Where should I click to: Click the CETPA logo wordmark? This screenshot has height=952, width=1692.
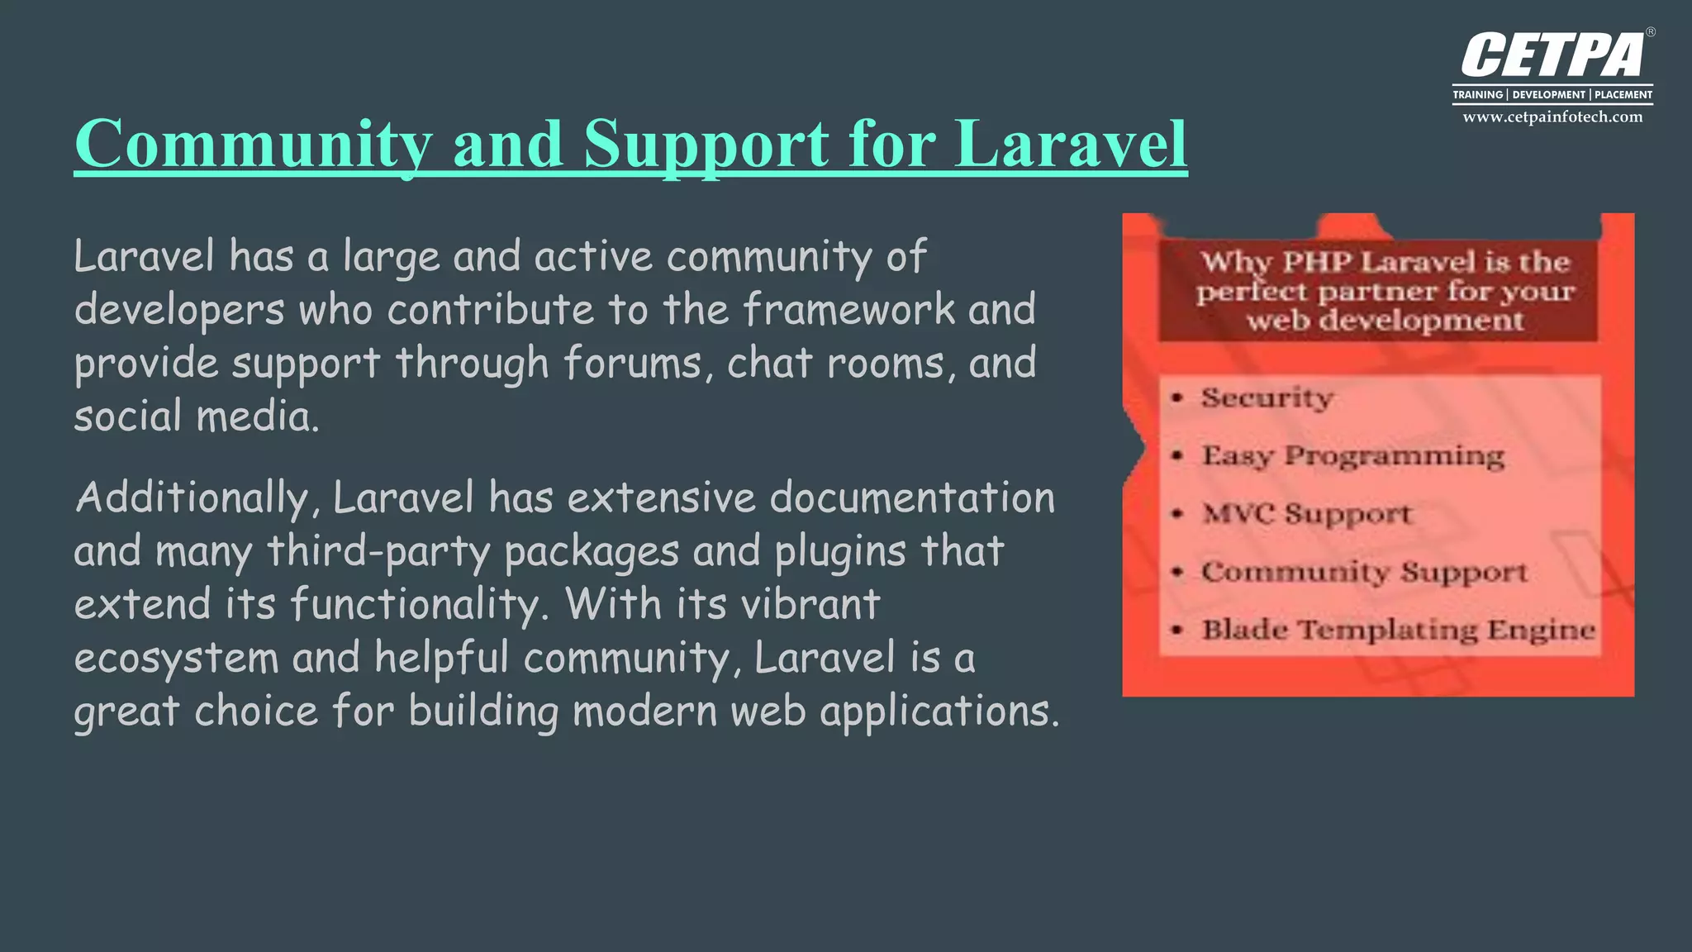(x=1553, y=56)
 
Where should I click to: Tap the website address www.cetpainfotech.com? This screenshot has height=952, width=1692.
(x=1552, y=117)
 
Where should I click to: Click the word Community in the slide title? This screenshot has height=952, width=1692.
(x=253, y=144)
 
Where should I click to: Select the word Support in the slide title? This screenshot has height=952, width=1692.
(x=706, y=144)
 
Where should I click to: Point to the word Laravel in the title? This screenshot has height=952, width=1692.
(x=1071, y=144)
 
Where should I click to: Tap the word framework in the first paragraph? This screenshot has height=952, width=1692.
(x=848, y=310)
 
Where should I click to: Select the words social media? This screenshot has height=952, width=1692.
(x=196, y=416)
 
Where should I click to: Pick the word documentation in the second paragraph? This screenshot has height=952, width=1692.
(x=912, y=498)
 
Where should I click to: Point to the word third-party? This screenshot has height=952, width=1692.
(x=378, y=552)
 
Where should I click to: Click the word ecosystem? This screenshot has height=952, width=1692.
(x=176, y=659)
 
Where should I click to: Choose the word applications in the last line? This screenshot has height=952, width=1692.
(x=939, y=712)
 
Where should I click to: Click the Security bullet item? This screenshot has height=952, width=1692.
(x=1267, y=397)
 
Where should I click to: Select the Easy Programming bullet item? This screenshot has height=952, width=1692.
(x=1352, y=455)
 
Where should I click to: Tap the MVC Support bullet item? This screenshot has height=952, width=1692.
(x=1307, y=513)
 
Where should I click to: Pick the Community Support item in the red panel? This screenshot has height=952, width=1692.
(x=1364, y=571)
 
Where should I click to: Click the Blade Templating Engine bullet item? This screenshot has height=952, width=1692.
(x=1398, y=630)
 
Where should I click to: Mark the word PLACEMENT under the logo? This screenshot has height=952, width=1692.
(x=1623, y=95)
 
